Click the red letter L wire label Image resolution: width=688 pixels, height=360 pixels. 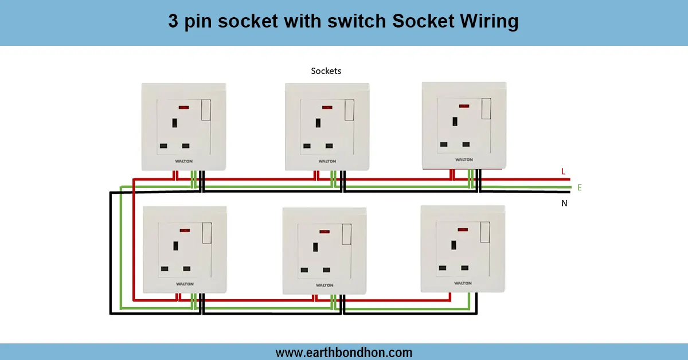coord(563,171)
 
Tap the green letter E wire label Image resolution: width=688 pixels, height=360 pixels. coord(580,187)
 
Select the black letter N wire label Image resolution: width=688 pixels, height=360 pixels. coord(564,203)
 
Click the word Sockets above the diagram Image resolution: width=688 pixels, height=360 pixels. coord(326,71)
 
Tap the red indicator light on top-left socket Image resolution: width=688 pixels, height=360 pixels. coord(185,108)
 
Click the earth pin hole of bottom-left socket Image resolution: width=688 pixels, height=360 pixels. coord(174,248)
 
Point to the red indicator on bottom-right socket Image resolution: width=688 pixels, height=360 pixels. coord(462,229)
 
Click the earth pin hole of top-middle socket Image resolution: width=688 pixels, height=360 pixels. coord(317,123)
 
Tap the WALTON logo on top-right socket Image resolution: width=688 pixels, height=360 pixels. coord(464,159)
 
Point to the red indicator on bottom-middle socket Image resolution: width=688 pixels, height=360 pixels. coord(324,232)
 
